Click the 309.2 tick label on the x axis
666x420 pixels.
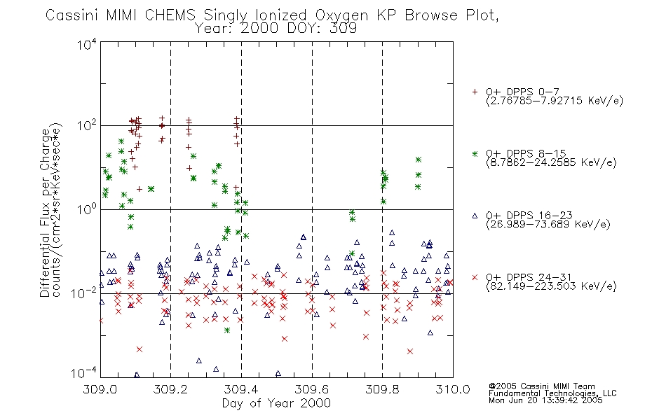[171, 389]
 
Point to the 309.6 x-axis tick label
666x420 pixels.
[312, 389]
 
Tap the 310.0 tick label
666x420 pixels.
[453, 389]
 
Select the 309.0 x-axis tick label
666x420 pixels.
[100, 389]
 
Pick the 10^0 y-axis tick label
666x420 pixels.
[87, 209]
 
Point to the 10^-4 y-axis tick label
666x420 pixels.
[84, 373]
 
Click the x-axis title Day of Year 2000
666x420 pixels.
[276, 403]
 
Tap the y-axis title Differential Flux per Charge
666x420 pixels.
[46, 213]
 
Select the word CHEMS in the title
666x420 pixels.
[170, 15]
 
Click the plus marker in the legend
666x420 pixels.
[475, 92]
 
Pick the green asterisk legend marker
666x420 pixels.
[475, 153]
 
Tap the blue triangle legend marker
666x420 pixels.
[475, 216]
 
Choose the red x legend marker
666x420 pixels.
[475, 277]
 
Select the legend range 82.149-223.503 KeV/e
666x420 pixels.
[551, 286]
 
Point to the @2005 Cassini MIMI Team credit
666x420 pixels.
[541, 386]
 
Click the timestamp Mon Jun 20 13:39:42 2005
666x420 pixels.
[545, 400]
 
